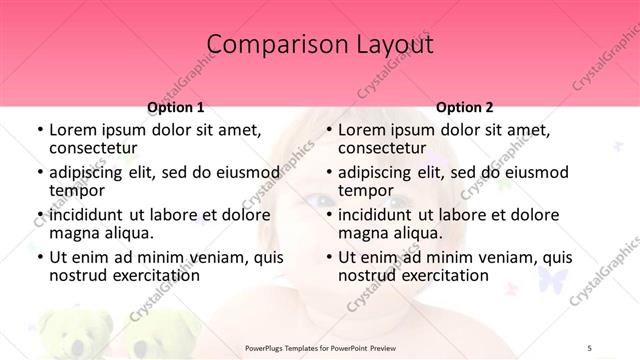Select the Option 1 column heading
[x=176, y=107]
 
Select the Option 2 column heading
[x=465, y=107]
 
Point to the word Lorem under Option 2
[x=361, y=130]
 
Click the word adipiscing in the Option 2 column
[x=376, y=172]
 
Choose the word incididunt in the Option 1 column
[x=92, y=215]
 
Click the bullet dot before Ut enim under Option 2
[x=329, y=258]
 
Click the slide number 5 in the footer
[x=589, y=347]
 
